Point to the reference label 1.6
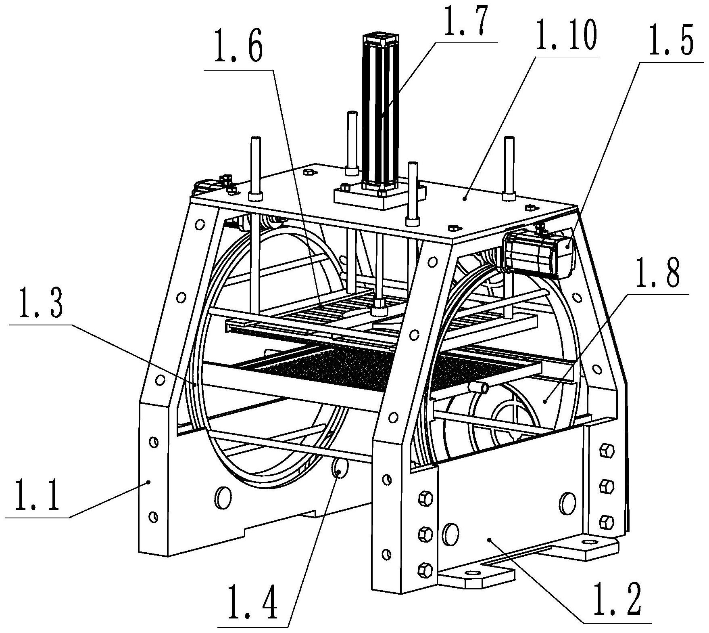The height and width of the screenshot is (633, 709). pyautogui.click(x=238, y=50)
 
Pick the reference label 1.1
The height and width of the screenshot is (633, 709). pyautogui.click(x=36, y=496)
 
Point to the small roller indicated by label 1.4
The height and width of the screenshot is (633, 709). pyautogui.click(x=338, y=470)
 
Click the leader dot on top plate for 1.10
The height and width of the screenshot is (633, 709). pyautogui.click(x=465, y=198)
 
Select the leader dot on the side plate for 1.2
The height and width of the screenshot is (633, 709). pyautogui.click(x=489, y=539)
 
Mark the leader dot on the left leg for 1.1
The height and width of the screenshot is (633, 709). pyautogui.click(x=149, y=482)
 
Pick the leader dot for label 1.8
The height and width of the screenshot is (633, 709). pyautogui.click(x=544, y=401)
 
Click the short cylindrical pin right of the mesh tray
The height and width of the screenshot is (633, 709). pyautogui.click(x=479, y=388)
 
